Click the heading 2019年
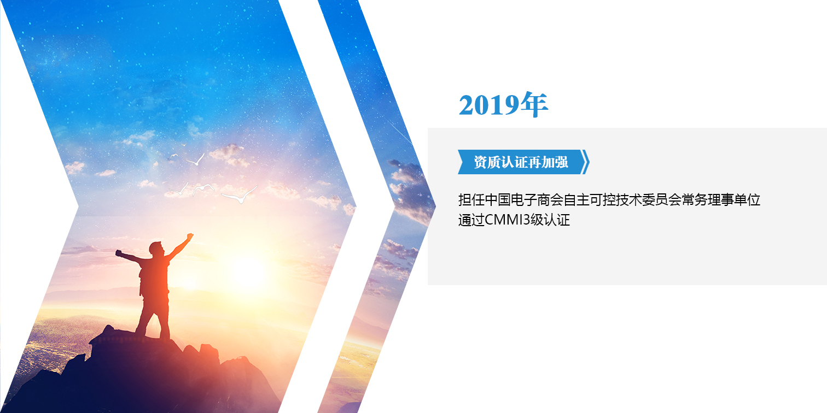pos(503,105)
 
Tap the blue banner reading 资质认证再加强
pos(521,162)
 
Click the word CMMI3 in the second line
pos(508,220)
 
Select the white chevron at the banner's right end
pos(586,162)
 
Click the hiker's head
pos(156,247)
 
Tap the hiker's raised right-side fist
pos(190,236)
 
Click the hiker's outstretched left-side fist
pos(119,253)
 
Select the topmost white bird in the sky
pos(196,160)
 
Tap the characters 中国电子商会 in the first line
pos(524,200)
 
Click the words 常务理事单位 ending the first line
pos(721,200)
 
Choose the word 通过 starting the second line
pos(471,220)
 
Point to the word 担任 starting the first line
pos(471,200)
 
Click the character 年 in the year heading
pos(534,105)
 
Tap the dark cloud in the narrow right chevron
pos(410,188)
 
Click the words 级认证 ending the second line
pos(550,220)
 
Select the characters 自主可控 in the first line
pos(590,200)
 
